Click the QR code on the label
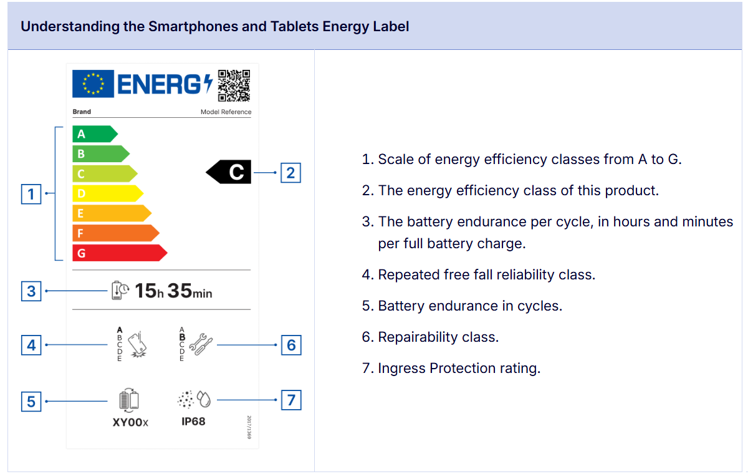click(x=234, y=85)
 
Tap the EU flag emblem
click(x=93, y=84)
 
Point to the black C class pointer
click(x=229, y=172)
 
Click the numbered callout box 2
click(x=290, y=172)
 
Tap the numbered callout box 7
click(x=291, y=400)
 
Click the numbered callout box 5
click(x=31, y=401)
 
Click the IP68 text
click(x=193, y=422)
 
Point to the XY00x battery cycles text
click(x=130, y=422)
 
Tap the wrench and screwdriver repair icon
click(x=199, y=342)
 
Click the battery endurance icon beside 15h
click(x=120, y=291)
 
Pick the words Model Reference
click(x=226, y=112)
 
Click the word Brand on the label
click(x=82, y=112)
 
